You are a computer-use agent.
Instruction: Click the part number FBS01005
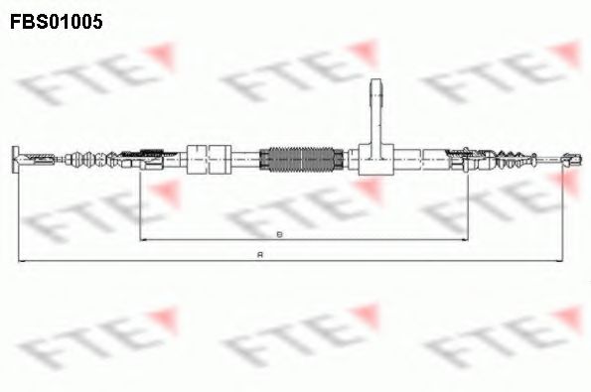click(x=57, y=19)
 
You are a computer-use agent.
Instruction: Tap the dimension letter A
click(x=259, y=256)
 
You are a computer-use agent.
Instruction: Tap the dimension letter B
click(x=279, y=234)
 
